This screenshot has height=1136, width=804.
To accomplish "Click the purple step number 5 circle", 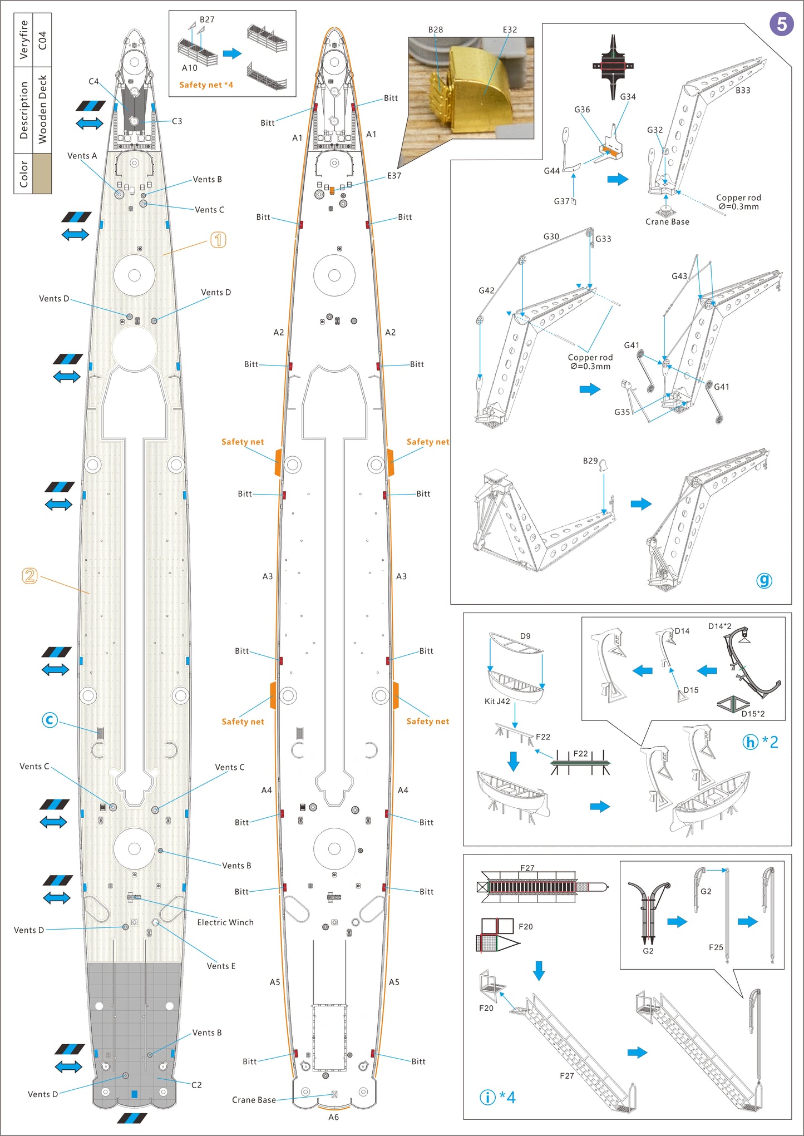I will coord(781,24).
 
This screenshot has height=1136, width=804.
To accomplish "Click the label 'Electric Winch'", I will coord(225,922).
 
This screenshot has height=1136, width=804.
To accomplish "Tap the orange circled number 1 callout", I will coord(218,240).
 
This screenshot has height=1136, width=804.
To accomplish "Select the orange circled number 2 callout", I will coord(29,576).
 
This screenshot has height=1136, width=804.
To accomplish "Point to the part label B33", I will coord(743,90).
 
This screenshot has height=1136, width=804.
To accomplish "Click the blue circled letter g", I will coord(764,580).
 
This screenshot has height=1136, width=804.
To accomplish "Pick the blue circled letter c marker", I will coord(50,720).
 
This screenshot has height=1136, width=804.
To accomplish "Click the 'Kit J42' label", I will coord(497,701).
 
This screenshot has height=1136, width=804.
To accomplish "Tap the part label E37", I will coord(394,176).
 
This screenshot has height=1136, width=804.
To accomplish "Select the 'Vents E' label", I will coord(221,966).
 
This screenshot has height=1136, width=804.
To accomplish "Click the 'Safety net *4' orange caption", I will coord(206,85).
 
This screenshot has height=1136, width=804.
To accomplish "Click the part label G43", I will coord(679,276).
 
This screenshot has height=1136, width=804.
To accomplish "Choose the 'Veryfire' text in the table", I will coord(23,39).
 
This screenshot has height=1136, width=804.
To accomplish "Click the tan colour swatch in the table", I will coord(42,174).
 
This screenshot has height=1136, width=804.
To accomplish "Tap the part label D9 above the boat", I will coord(525,636).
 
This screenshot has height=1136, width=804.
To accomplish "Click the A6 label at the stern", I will coord(333,1117).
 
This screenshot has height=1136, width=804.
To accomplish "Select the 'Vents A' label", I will coord(82,156).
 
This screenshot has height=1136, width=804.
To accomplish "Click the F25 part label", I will coord(716,947).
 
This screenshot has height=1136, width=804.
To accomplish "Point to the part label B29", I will coord(590,461).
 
